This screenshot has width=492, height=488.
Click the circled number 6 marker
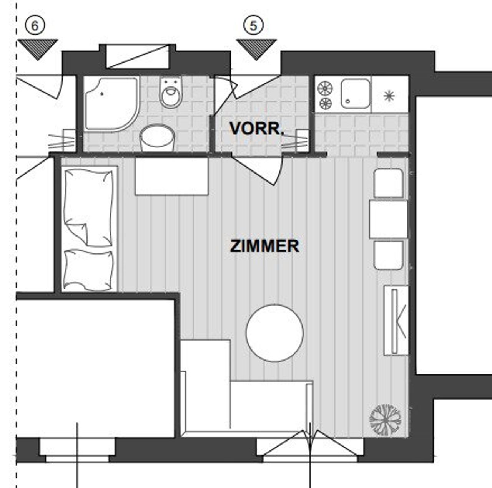pos(35,26)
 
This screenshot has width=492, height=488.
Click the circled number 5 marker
pos(253,26)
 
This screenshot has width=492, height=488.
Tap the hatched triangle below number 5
pos(256,50)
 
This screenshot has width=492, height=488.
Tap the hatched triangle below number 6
pos(38,50)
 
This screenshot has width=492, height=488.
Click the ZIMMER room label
pos(264,246)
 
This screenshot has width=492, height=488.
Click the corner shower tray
pos(112,104)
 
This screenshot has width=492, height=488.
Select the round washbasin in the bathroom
pos(157,138)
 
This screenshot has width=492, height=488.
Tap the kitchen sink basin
pos(356,94)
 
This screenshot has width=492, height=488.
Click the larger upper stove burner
pos(325,89)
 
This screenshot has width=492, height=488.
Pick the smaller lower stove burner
pos(326,104)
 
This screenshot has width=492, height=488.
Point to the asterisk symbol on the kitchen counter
pos(389,96)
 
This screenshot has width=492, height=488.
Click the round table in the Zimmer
pos(275,333)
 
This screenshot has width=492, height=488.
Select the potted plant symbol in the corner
pos(385,420)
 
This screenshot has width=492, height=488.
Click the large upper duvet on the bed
pos(88,208)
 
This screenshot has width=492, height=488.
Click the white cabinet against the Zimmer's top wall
pos(171,176)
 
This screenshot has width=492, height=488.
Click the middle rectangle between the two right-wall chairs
pos(388,219)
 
